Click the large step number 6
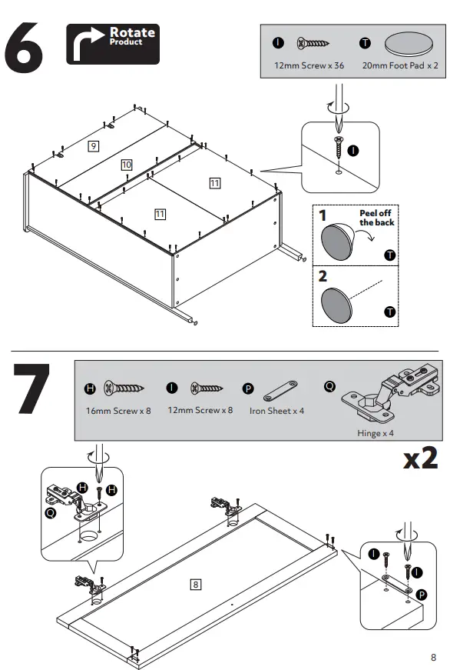(x=24, y=48)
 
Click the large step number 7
(x=31, y=388)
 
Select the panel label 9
(x=93, y=146)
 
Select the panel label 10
(x=127, y=165)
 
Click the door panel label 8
(x=195, y=584)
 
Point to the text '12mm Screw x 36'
(x=309, y=65)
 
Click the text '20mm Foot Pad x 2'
(x=400, y=65)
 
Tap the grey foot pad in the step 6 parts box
(x=409, y=44)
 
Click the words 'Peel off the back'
(x=376, y=218)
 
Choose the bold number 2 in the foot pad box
(x=323, y=276)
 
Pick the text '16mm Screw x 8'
(x=118, y=411)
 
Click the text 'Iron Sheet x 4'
(x=276, y=411)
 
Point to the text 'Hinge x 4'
(x=376, y=433)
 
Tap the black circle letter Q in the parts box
(x=329, y=386)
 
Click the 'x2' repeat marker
(x=421, y=458)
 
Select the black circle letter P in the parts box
(x=248, y=388)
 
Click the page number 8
(x=433, y=657)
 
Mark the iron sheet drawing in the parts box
(x=280, y=391)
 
